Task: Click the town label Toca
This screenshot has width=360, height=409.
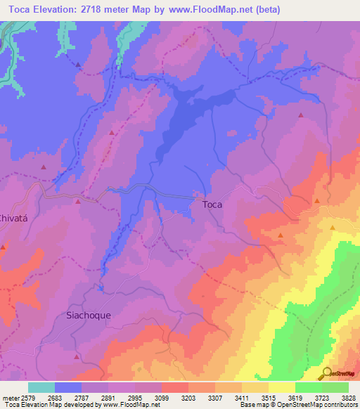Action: pyautogui.click(x=212, y=204)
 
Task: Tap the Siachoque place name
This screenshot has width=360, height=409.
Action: pyautogui.click(x=88, y=316)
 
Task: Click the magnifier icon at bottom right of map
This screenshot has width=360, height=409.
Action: pyautogui.click(x=326, y=372)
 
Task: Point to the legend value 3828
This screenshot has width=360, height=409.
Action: pyautogui.click(x=349, y=397)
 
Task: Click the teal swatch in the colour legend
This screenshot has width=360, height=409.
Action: pyautogui.click(x=41, y=387)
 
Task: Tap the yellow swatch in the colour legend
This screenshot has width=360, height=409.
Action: pyautogui.click(x=281, y=387)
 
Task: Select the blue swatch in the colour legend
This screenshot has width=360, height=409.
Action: pyautogui.click(x=67, y=387)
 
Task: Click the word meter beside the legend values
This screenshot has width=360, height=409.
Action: pyautogui.click(x=8, y=397)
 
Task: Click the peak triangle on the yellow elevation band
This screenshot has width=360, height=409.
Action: pyautogui.click(x=332, y=228)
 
